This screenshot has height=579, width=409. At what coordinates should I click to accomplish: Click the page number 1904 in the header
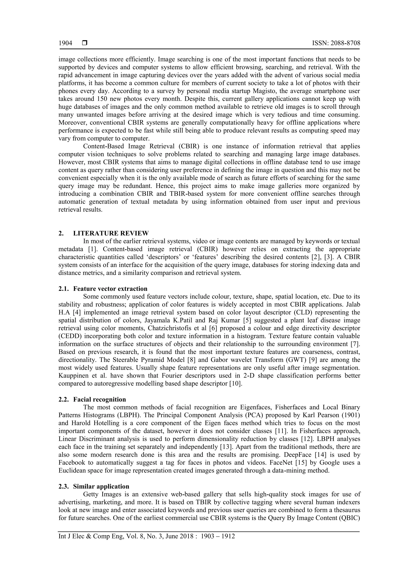(65, 43)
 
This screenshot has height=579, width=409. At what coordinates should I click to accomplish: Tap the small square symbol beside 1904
(84, 43)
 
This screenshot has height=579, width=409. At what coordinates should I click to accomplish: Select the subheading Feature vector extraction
(110, 289)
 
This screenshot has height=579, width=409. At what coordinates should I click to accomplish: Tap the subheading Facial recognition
(99, 400)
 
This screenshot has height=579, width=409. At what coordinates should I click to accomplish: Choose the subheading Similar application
(101, 486)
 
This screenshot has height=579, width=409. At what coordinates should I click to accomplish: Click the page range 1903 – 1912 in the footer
(218, 536)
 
